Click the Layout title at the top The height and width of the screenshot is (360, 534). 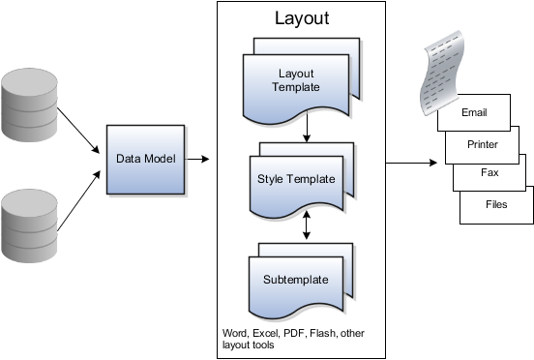click(302, 18)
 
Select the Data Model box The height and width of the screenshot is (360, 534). click(146, 159)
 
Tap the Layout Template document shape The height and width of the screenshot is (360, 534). click(298, 78)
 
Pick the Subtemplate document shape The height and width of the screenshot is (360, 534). click(296, 281)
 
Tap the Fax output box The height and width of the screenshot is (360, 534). click(489, 172)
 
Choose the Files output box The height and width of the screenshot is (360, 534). click(495, 205)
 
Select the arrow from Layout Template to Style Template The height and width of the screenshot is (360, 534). click(305, 129)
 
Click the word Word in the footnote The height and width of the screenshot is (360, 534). click(235, 332)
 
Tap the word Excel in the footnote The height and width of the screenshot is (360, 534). click(266, 332)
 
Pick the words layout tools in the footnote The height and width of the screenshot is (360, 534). click(249, 345)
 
